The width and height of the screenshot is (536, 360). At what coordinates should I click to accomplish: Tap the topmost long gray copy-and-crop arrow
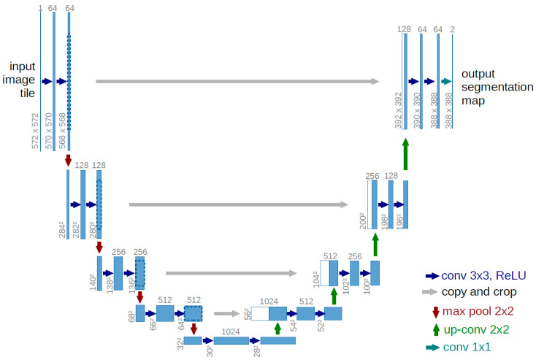tap(237, 82)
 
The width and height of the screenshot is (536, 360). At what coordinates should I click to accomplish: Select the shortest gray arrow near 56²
tap(229, 313)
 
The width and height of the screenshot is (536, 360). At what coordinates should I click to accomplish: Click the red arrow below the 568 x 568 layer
tap(69, 159)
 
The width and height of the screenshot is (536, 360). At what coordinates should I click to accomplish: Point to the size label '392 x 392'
tap(399, 110)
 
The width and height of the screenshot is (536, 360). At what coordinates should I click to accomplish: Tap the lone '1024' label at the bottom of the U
tap(231, 332)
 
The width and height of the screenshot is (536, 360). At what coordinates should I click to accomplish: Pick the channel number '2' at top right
tap(453, 28)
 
